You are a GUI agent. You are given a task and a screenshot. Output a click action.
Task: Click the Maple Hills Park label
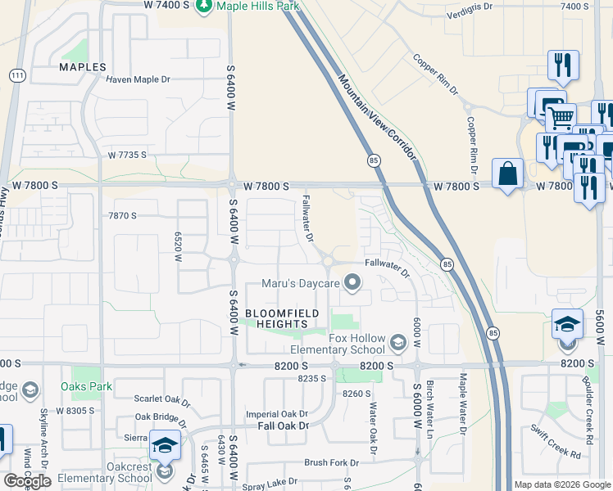coord(256,7)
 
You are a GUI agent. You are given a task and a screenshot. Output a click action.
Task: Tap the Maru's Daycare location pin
coord(353,283)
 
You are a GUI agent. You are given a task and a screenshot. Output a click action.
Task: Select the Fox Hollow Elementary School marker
coord(398,341)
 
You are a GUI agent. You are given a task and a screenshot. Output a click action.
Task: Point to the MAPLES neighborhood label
coord(82,66)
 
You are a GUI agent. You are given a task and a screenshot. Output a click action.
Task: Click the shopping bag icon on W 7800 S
coord(508,174)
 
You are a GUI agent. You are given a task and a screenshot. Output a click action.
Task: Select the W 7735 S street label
coord(127,155)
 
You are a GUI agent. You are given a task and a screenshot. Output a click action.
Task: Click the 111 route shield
coord(16,75)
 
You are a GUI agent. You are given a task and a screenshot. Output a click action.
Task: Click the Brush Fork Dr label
coord(331,462)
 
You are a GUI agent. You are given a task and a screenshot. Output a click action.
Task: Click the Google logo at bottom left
coord(27,480)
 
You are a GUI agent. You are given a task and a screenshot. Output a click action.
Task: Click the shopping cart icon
coord(560,116)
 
